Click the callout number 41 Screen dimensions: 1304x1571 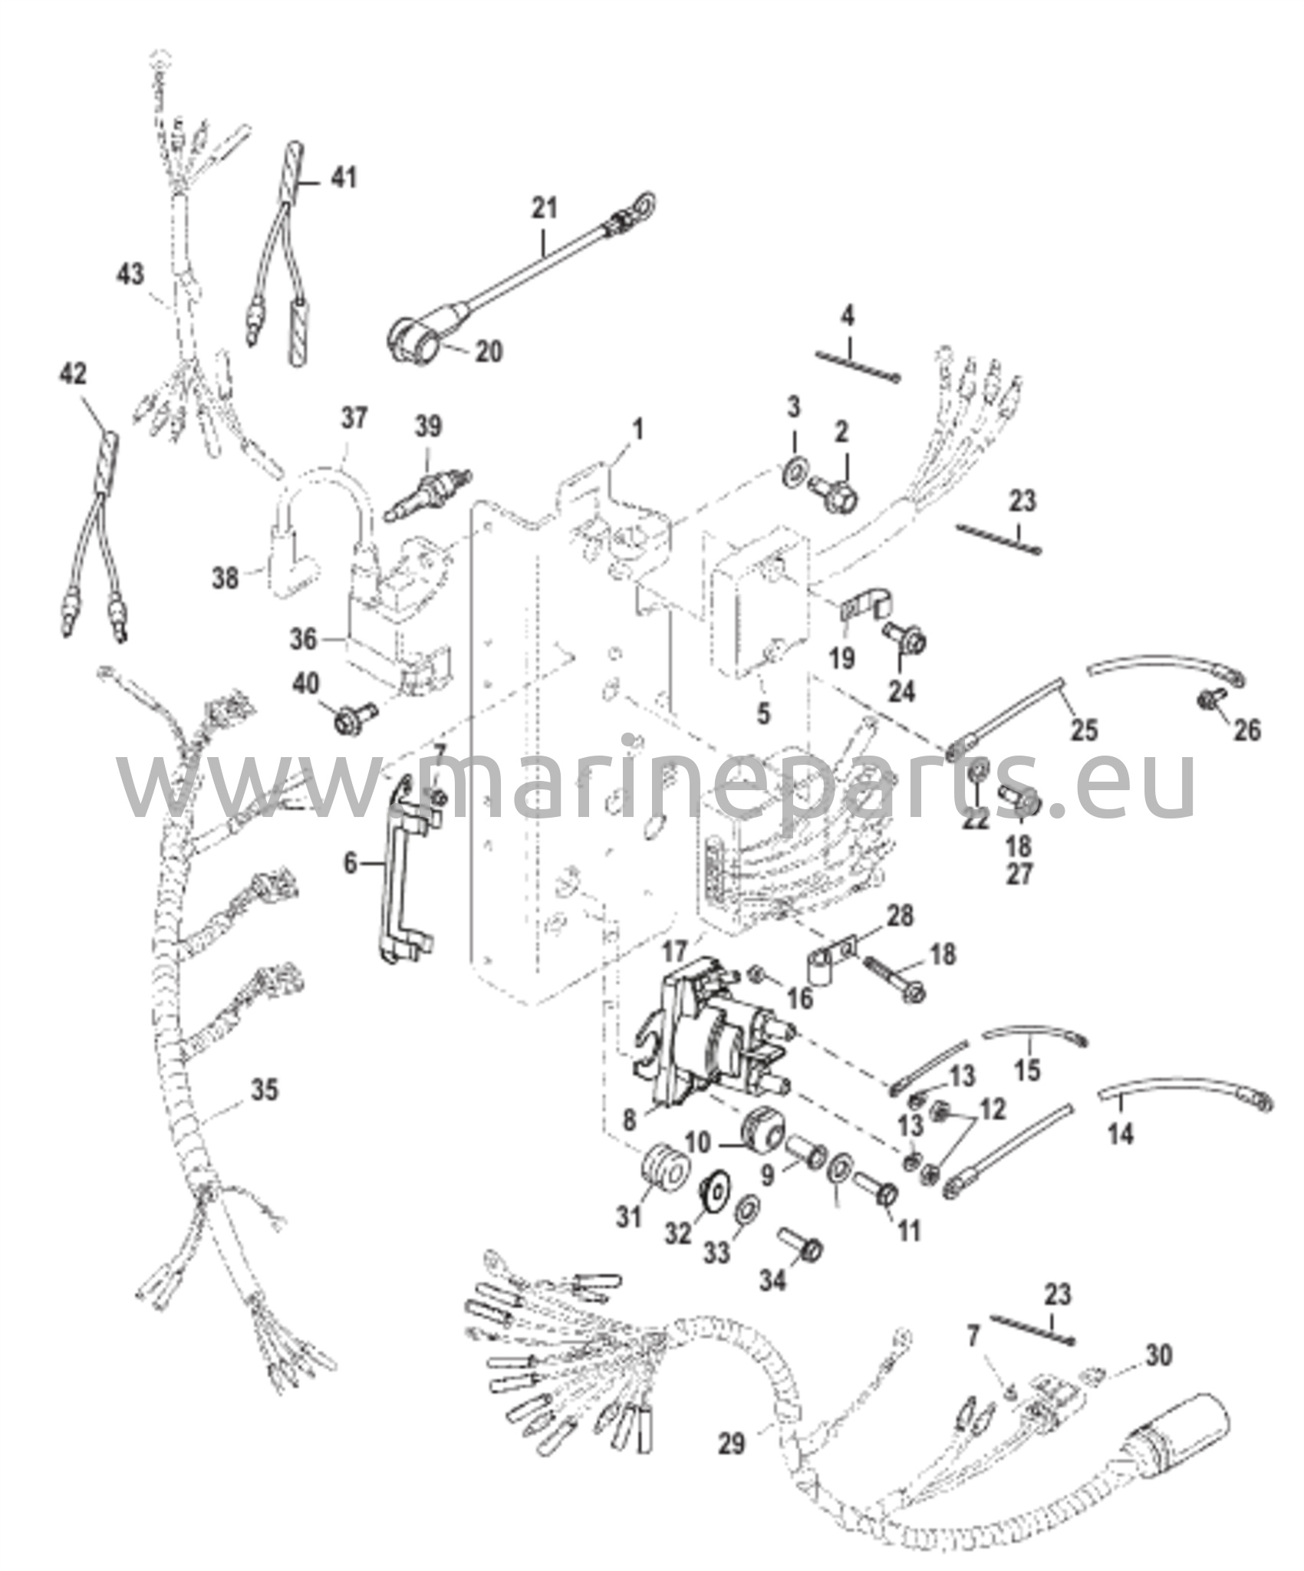pyautogui.click(x=343, y=178)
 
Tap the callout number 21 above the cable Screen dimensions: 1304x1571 pyautogui.click(x=546, y=208)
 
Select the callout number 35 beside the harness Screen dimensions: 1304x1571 pyautogui.click(x=265, y=1089)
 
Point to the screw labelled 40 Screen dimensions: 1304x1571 pyautogui.click(x=356, y=716)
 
